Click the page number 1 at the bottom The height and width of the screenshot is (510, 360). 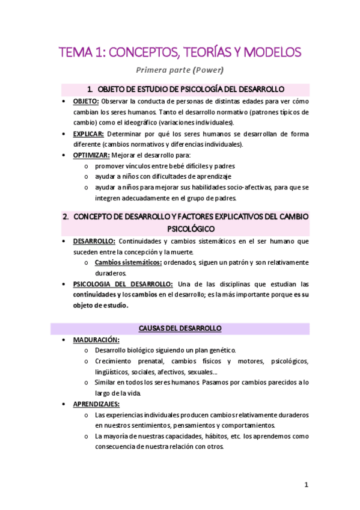pyautogui.click(x=306, y=485)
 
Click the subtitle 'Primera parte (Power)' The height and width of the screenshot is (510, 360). pyautogui.click(x=180, y=69)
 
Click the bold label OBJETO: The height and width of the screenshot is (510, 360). pyautogui.click(x=86, y=101)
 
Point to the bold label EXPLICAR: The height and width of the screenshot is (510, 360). pyautogui.click(x=88, y=134)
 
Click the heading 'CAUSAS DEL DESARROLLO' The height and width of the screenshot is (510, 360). pyautogui.click(x=180, y=328)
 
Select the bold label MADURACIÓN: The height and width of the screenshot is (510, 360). pyautogui.click(x=96, y=339)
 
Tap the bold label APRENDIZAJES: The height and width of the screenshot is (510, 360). pyautogui.click(x=96, y=404)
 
